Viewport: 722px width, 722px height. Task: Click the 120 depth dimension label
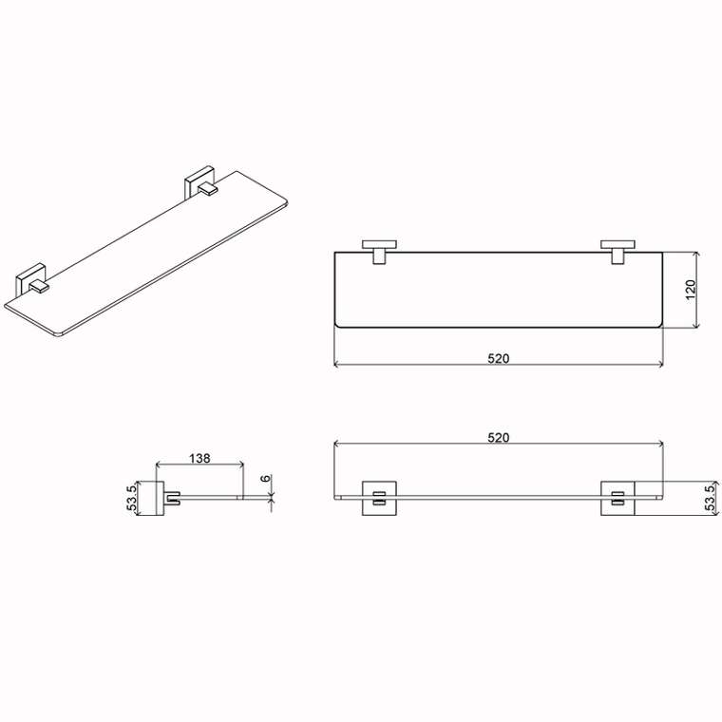click(691, 290)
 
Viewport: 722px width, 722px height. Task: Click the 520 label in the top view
click(498, 358)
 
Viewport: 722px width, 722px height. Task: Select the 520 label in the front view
click(498, 437)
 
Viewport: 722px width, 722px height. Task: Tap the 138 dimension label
click(199, 458)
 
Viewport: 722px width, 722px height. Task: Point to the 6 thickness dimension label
click(266, 479)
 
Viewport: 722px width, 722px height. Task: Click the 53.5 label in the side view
click(132, 498)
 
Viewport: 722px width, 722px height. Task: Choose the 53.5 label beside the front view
click(712, 496)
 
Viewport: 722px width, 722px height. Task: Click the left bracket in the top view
click(379, 253)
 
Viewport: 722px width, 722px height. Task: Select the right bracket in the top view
click(617, 253)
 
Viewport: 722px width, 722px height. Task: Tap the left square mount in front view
click(379, 498)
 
